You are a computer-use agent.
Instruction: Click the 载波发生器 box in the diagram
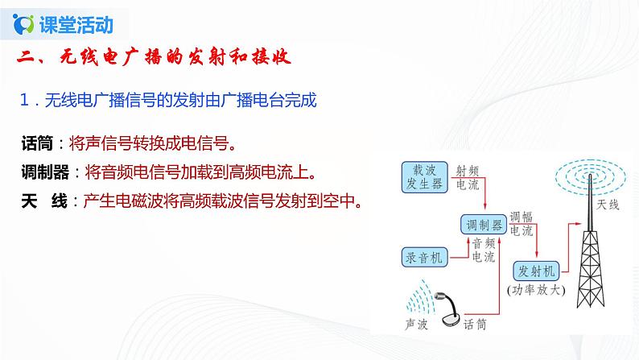[x=424, y=177]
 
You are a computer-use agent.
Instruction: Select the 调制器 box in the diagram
[x=484, y=224]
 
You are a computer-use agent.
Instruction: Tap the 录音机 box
[x=424, y=257]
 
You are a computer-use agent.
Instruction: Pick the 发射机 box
[x=536, y=271]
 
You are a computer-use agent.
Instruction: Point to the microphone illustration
[x=450, y=310]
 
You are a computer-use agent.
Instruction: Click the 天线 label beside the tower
[x=608, y=205]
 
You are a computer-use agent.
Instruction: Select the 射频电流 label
[x=467, y=177]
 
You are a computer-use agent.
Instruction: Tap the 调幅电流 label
[x=522, y=224]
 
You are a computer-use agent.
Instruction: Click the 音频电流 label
[x=484, y=250]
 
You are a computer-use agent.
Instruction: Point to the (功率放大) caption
[x=536, y=290]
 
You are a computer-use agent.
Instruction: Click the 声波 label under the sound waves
[x=416, y=324]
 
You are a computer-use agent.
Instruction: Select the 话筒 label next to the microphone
[x=475, y=324]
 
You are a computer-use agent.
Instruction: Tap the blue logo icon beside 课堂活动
[x=23, y=24]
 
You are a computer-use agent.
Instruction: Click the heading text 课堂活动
[x=76, y=24]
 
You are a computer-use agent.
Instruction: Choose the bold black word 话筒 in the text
[x=37, y=143]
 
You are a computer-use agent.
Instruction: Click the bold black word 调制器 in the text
[x=45, y=172]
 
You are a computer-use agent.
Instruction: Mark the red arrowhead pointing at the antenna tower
[x=578, y=223]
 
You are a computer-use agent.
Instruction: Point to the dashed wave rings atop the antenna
[x=590, y=176]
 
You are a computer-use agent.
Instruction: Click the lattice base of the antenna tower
[x=590, y=270]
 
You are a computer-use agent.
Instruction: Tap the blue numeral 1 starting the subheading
[x=24, y=100]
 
